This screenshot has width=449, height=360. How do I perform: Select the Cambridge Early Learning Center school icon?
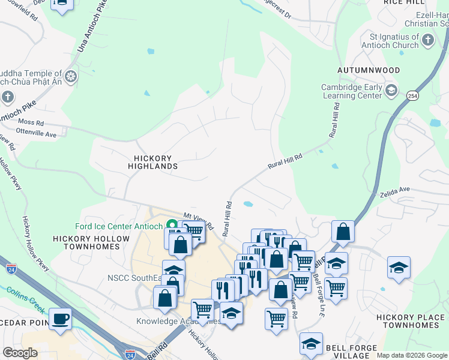(x=391, y=91)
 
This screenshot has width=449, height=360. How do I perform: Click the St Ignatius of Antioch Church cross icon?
(x=427, y=41)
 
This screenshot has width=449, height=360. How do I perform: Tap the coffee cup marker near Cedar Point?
(x=60, y=318)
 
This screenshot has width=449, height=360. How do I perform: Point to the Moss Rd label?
(x=31, y=123)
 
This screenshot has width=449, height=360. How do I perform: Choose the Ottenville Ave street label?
(x=36, y=134)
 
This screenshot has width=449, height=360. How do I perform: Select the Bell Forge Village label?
(x=351, y=352)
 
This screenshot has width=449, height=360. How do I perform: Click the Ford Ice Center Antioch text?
(x=119, y=226)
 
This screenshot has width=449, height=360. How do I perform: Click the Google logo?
(x=20, y=353)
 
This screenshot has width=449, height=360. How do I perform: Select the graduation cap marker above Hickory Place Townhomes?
(x=399, y=268)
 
